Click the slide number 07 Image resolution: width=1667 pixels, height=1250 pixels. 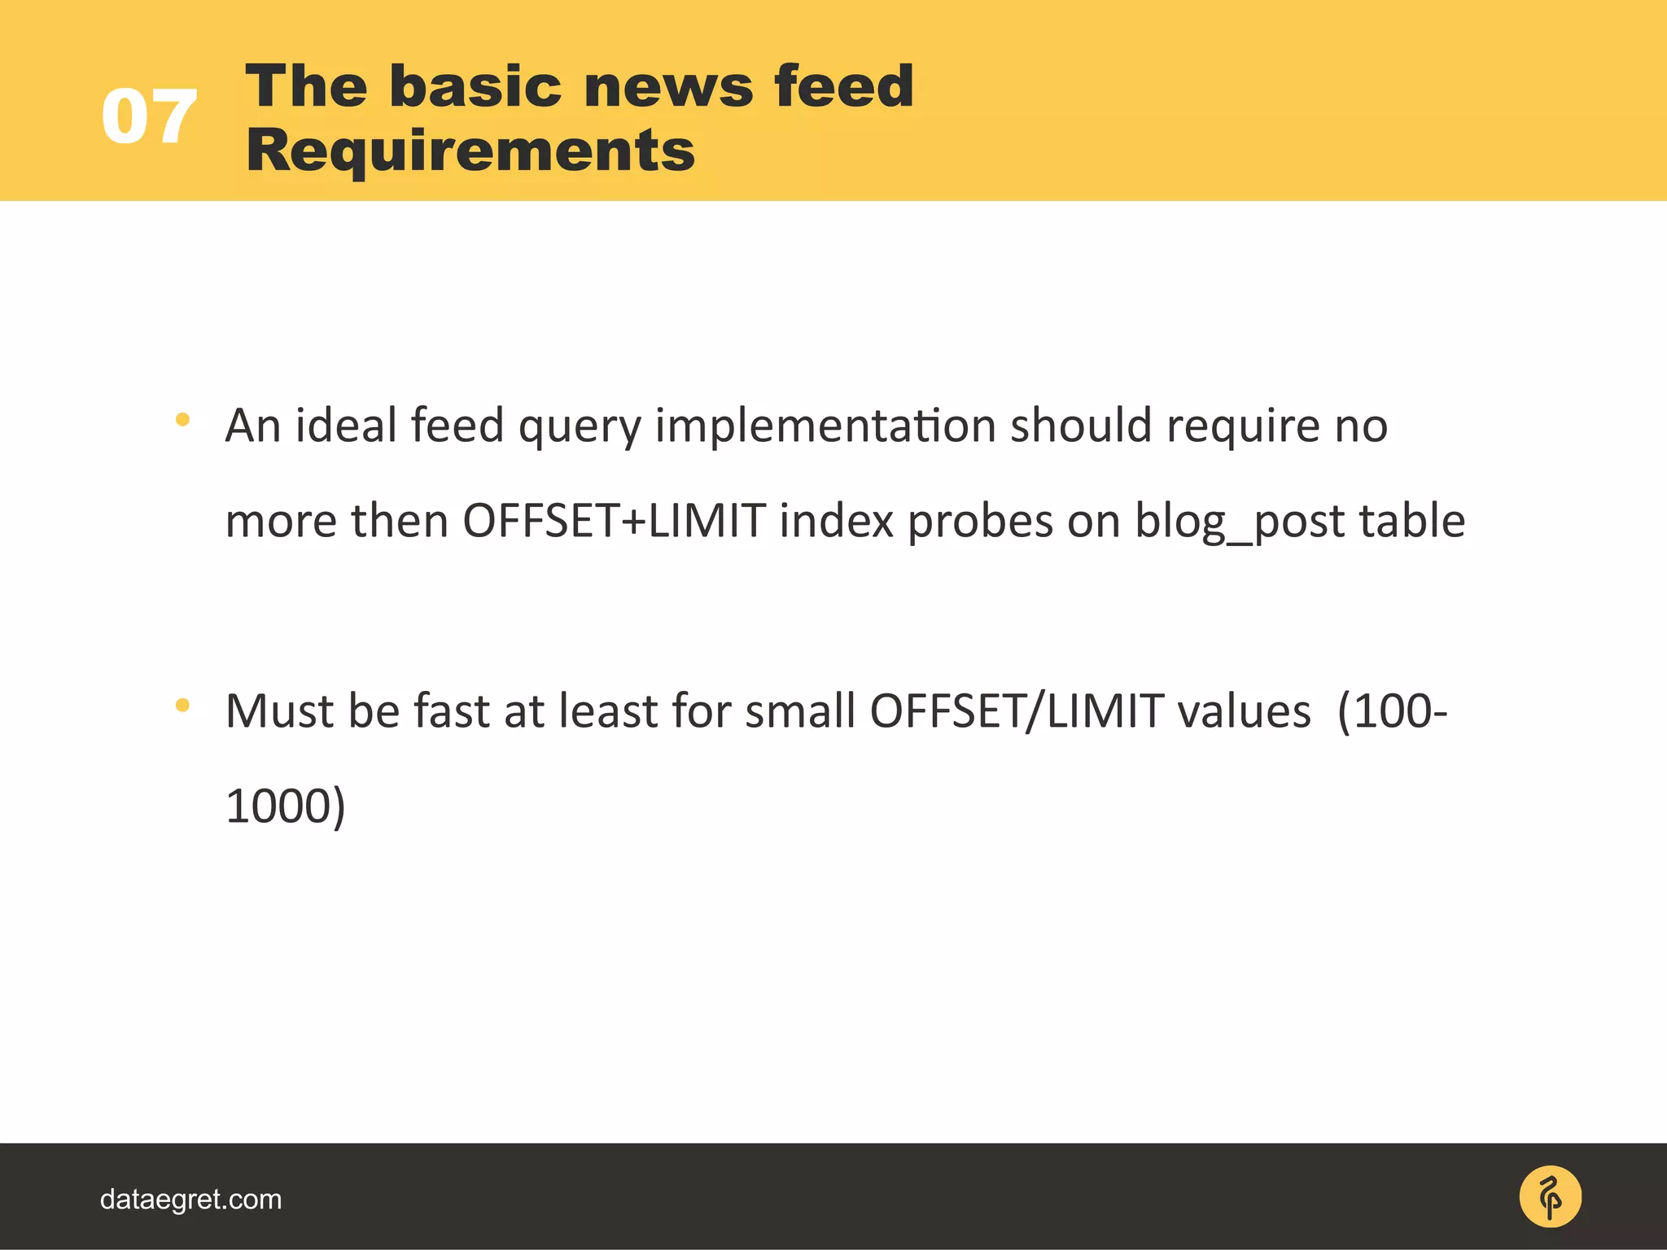pos(149,118)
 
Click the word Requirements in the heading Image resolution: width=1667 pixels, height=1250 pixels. pos(470,151)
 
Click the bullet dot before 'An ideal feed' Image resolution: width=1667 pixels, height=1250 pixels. pos(182,420)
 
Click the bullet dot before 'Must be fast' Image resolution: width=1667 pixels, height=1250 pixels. pos(182,705)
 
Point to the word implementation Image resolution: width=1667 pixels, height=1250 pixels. pos(825,426)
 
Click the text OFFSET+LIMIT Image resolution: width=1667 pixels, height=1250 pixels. pos(614,521)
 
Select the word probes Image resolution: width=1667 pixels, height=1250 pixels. pos(980,522)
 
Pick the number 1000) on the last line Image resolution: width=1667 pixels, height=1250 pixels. pos(286,806)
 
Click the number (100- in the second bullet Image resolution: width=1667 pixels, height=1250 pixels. pos(1393,711)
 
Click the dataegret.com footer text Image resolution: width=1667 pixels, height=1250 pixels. pos(190,1200)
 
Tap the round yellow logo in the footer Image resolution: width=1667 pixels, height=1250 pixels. pos(1550,1197)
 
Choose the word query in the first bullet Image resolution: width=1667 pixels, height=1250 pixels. pos(580,427)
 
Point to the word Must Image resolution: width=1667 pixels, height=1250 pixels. pos(279,711)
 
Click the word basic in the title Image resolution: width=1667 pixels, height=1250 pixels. pos(475,85)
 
